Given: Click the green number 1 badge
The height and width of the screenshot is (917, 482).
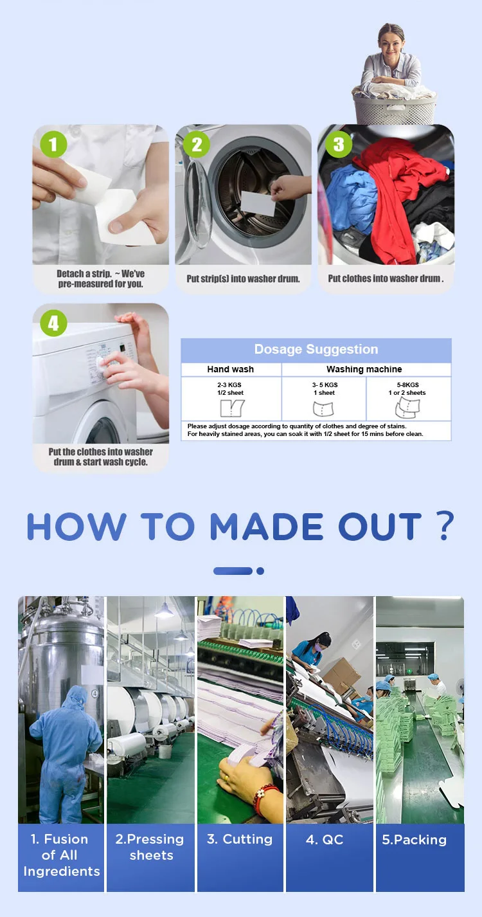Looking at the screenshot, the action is [x=53, y=144].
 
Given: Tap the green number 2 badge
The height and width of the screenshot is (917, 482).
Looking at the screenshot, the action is [x=197, y=144].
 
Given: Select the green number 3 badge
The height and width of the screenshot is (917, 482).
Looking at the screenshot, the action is [x=339, y=144].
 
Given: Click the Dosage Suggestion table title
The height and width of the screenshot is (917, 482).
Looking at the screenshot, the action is [x=316, y=349].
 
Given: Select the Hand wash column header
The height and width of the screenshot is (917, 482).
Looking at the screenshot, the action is [x=230, y=369].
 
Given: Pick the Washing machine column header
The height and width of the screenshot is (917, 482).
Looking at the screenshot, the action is [x=364, y=369].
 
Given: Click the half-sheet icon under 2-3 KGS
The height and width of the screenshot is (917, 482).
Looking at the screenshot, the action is [x=232, y=408].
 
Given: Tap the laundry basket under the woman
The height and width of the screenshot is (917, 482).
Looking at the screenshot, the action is [x=395, y=107].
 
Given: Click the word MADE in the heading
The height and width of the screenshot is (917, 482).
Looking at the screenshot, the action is [x=267, y=527].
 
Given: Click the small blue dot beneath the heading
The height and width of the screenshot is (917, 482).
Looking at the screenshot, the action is [x=260, y=571].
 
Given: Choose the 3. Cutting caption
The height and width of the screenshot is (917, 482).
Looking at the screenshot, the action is [x=240, y=839].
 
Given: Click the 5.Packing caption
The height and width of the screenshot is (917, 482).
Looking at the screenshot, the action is [x=414, y=840].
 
